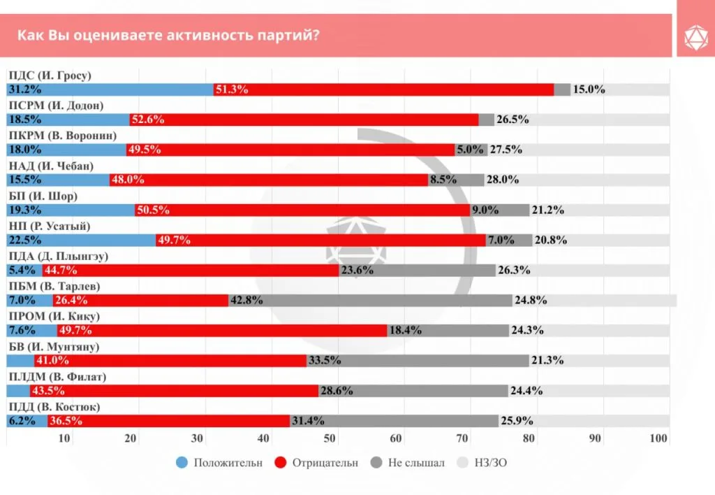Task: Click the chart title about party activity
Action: (x=169, y=35)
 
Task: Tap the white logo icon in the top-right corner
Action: (x=695, y=35)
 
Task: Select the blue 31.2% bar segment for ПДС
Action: (x=110, y=89)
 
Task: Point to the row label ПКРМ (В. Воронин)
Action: (x=62, y=136)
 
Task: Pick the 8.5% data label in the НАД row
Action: (x=440, y=180)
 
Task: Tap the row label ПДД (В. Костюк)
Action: (x=54, y=406)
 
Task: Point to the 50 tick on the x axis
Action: (x=329, y=438)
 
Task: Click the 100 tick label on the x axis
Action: (x=658, y=438)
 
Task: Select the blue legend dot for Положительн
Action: (x=182, y=462)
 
